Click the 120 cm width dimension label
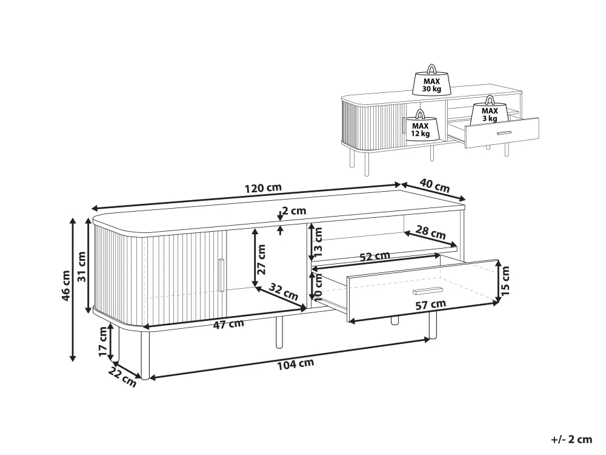263,188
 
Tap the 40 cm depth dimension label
435,186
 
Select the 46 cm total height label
65,286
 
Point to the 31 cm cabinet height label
82,266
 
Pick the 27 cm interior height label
262,259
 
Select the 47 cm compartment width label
229,324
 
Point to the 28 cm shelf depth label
430,232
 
